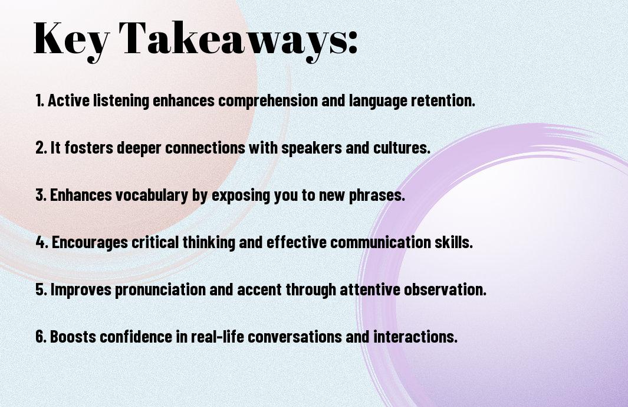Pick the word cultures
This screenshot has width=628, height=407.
(402, 148)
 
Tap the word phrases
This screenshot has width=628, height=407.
(377, 196)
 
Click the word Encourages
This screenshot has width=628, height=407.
(90, 243)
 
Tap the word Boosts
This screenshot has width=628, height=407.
(73, 337)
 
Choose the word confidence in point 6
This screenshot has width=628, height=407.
(136, 337)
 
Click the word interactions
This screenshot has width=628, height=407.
(415, 337)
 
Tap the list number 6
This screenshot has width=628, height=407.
(41, 337)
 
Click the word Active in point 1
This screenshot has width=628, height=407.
(68, 100)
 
